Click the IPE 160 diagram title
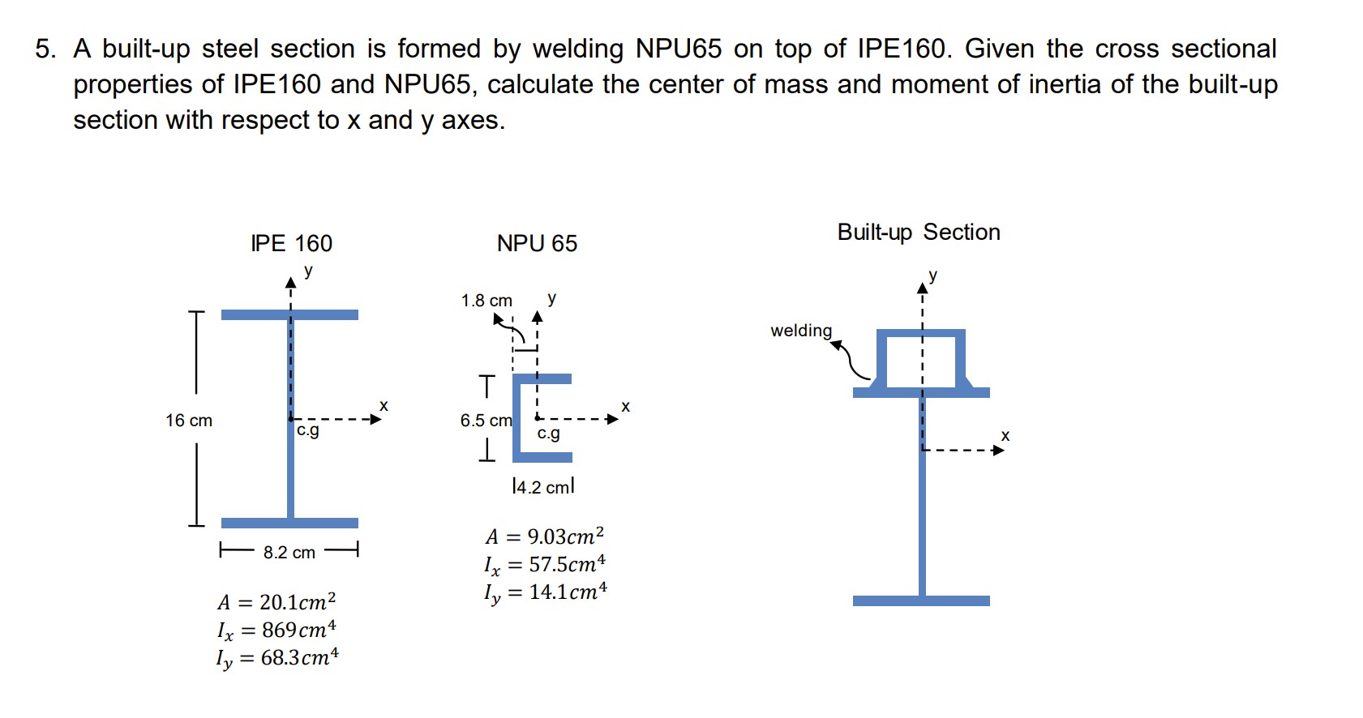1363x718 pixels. (291, 243)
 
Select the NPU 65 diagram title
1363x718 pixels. (537, 243)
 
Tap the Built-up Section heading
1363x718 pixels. (918, 232)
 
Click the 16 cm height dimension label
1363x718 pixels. (188, 421)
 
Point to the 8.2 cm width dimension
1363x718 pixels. (289, 553)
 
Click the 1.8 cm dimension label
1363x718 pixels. (486, 301)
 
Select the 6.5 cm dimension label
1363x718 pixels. (486, 421)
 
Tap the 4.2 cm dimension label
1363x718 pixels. (543, 487)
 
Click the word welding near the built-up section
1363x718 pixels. (800, 331)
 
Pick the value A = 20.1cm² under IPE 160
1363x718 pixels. (276, 602)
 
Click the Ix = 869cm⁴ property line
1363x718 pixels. (276, 630)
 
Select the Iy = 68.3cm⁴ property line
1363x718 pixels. (276, 657)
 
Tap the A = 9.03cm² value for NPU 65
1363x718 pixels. (544, 536)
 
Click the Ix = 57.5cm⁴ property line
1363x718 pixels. (544, 564)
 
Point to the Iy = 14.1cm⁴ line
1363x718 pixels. (544, 592)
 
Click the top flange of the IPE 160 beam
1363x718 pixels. (289, 314)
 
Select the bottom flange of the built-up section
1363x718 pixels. (921, 600)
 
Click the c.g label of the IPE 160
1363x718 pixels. (308, 430)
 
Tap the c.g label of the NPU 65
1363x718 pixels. (548, 434)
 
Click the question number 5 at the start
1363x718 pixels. (45, 49)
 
